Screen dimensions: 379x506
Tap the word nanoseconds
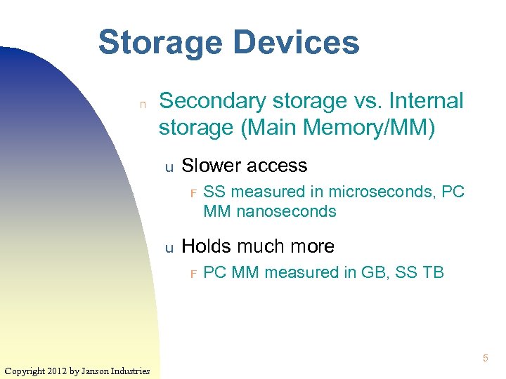pos(290,211)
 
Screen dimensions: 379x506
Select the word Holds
pos(206,246)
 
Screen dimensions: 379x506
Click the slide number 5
pos(485,359)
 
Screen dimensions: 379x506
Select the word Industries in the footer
pos(130,371)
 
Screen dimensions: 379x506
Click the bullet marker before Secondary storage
pos(142,104)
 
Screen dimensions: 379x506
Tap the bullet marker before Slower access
pos(169,168)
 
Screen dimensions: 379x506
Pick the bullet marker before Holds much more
pos(169,248)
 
